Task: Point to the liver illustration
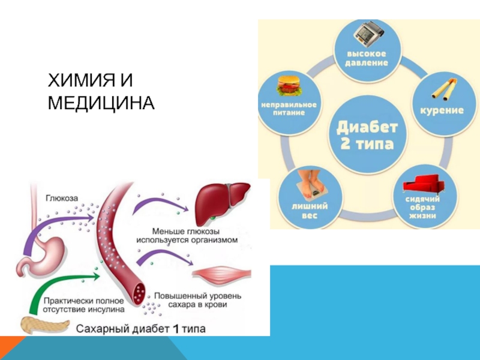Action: [223, 202]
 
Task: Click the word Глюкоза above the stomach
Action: [61, 197]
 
